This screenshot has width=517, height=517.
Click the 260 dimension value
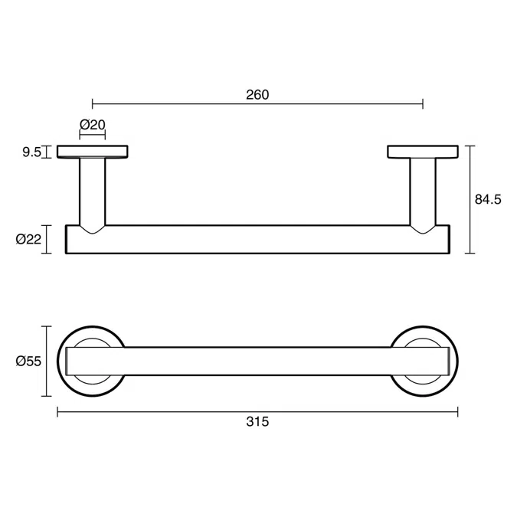[x=257, y=95]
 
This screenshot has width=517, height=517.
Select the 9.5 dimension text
[x=31, y=152]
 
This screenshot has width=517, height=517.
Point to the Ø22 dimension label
[x=28, y=239]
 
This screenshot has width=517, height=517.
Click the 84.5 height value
[x=488, y=199]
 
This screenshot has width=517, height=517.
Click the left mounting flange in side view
[x=93, y=152]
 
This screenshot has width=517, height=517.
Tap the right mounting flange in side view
[x=423, y=152]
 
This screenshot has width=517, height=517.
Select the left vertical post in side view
[x=93, y=191]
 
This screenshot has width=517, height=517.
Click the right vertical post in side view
[x=423, y=191]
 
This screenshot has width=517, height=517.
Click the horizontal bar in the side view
[x=257, y=239]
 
